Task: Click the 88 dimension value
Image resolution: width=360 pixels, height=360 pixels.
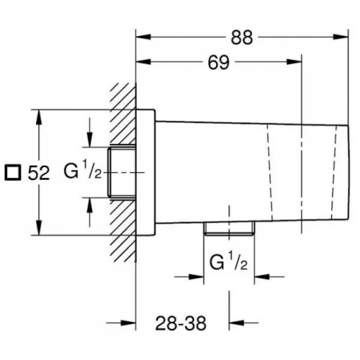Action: [242, 37]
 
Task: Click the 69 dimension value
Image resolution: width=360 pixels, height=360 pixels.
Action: [219, 63]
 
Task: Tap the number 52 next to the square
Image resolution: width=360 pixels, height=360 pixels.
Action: [39, 173]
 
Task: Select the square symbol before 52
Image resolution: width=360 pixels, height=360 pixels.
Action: [13, 173]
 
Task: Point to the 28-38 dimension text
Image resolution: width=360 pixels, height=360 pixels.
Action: [181, 323]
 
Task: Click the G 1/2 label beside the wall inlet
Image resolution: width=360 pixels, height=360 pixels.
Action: [83, 170]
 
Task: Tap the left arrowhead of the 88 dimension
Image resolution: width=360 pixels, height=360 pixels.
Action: [143, 37]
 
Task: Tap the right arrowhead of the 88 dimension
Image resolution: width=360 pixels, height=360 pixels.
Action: [341, 37]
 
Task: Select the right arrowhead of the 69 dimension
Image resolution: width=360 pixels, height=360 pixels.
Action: [294, 62]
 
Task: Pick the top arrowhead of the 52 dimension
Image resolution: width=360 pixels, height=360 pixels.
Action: [39, 117]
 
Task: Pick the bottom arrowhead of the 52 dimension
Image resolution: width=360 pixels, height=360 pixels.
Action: [39, 228]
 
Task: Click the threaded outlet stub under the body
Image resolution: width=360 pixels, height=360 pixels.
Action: [229, 228]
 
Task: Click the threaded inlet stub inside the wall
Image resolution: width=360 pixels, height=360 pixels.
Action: [122, 172]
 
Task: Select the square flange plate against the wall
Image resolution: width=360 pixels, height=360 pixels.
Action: [145, 172]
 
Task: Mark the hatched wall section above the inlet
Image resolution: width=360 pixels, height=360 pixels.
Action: [123, 114]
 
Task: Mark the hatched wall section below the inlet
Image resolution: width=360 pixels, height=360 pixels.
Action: [123, 230]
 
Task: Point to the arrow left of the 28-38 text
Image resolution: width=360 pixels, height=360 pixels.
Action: [122, 323]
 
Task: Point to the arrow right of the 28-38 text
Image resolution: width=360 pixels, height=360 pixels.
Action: [243, 323]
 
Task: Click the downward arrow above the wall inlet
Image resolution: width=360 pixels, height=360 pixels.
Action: [89, 132]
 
